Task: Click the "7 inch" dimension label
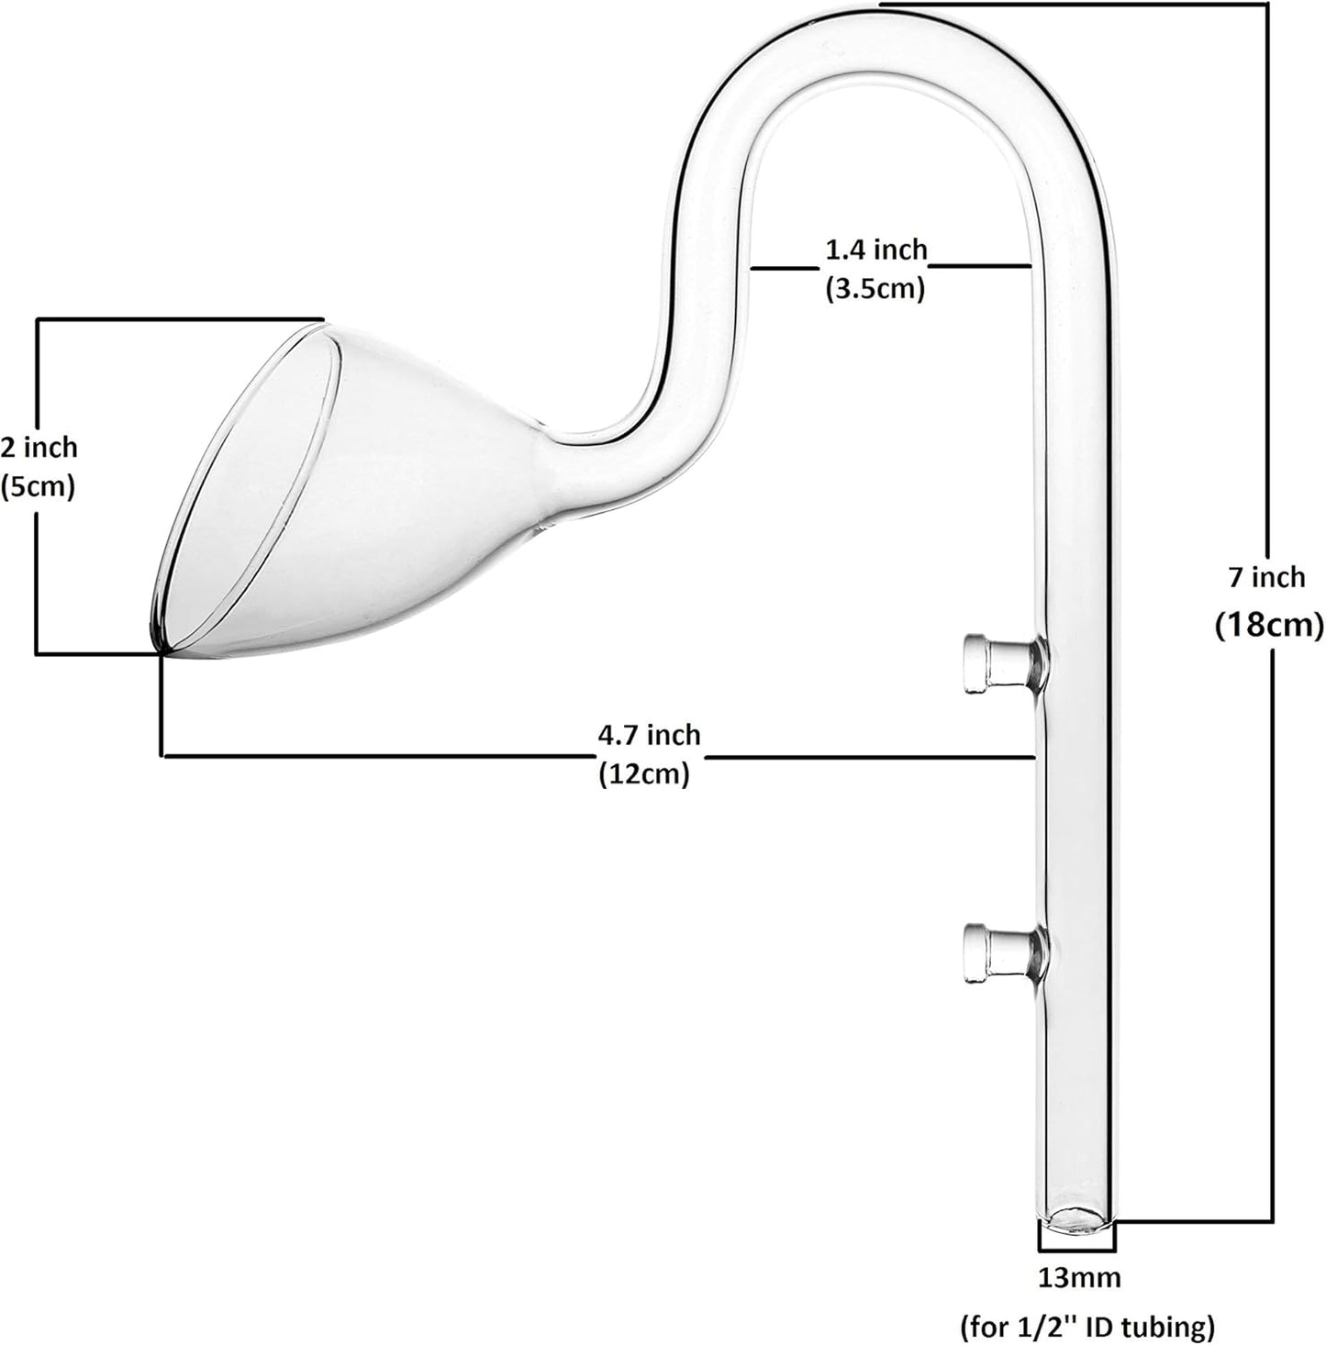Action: [1265, 577]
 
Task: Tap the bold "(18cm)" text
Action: [1269, 626]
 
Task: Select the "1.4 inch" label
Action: [876, 249]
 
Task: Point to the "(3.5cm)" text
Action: [875, 289]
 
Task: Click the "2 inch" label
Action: [39, 448]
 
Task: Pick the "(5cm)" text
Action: [39, 486]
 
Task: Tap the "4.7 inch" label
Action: [649, 735]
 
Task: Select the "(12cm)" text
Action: [644, 774]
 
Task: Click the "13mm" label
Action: [1078, 1276]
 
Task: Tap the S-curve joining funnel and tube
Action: [679, 404]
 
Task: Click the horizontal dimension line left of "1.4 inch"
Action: [784, 269]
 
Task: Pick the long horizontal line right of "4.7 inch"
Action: [872, 758]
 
